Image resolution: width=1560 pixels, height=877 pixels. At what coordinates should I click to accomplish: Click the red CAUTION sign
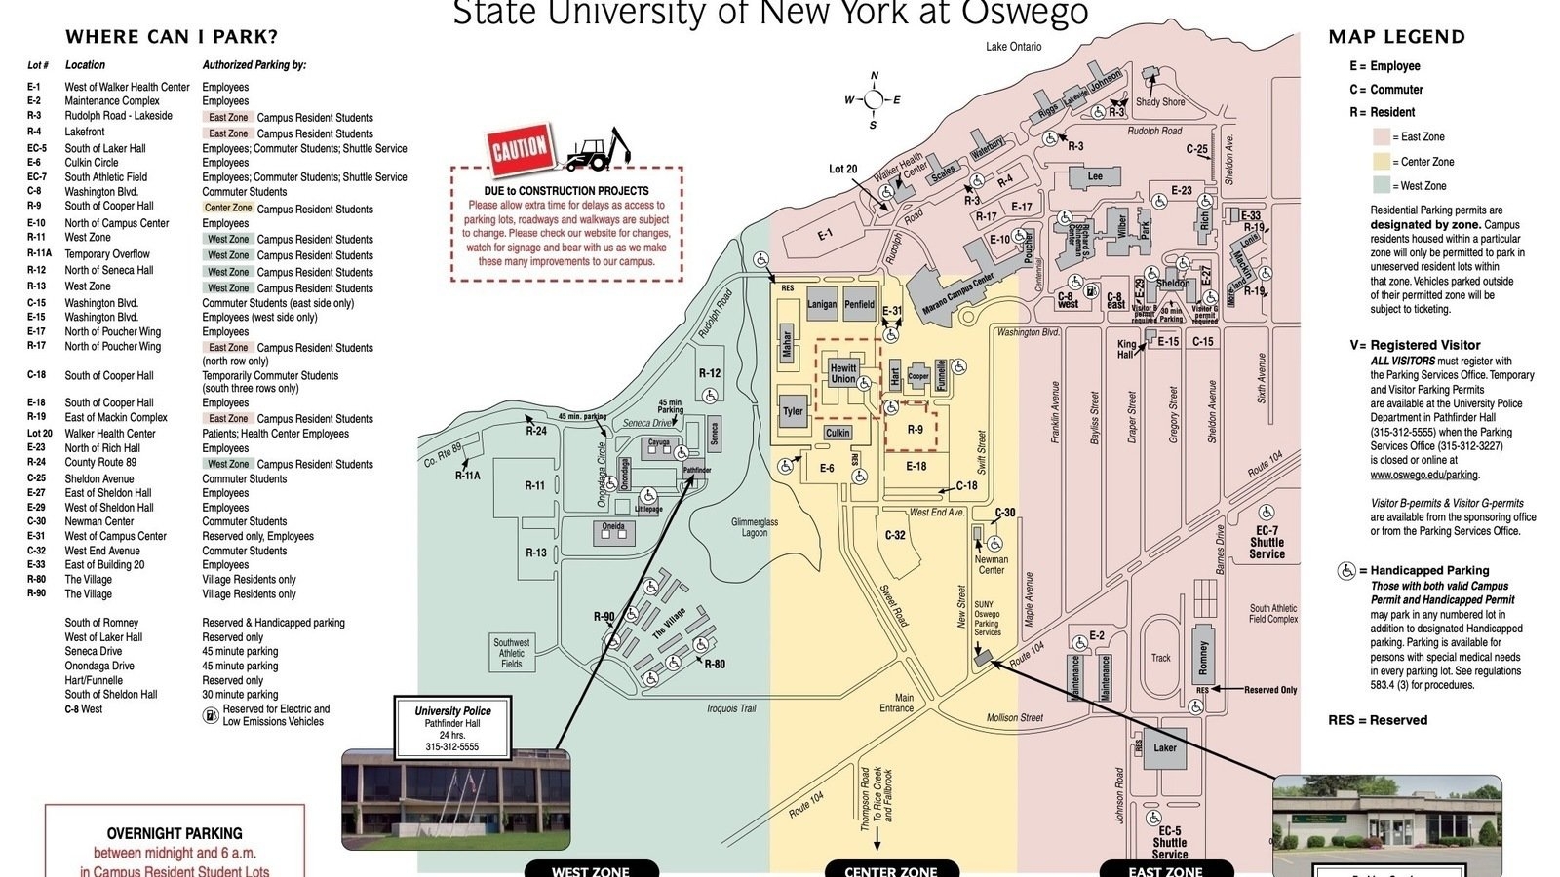click(519, 150)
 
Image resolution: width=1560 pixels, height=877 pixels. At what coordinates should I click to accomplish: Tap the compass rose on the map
click(874, 99)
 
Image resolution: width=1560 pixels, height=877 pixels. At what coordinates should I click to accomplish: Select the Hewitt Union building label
click(843, 373)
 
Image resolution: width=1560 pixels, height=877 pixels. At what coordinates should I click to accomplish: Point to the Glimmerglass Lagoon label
click(755, 527)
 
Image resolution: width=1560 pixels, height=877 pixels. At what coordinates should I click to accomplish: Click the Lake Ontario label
click(1013, 47)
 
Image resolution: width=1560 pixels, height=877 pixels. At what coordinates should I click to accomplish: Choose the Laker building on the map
click(1165, 748)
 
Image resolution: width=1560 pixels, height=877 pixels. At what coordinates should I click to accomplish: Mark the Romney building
click(1202, 658)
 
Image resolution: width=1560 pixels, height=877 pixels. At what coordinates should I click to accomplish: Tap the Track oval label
click(1160, 658)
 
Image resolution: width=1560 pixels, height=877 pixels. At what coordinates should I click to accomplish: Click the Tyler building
click(793, 410)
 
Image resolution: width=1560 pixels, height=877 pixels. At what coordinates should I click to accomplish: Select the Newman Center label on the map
click(992, 564)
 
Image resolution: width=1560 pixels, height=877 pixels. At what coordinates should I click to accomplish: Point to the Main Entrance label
click(898, 703)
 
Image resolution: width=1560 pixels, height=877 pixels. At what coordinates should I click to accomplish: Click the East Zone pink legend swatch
click(1382, 136)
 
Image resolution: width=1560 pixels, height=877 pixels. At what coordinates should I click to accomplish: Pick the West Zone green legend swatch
click(1382, 185)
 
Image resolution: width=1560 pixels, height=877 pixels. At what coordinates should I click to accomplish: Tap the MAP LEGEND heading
click(1396, 37)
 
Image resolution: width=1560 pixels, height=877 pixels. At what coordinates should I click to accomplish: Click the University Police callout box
click(452, 728)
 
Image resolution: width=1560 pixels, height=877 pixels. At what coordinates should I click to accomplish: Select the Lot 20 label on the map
click(843, 169)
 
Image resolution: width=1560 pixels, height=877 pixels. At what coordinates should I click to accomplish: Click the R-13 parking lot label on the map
click(536, 553)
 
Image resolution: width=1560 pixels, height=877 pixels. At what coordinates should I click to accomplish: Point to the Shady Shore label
click(1160, 101)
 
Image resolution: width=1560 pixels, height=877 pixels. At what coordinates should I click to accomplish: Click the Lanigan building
click(822, 304)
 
